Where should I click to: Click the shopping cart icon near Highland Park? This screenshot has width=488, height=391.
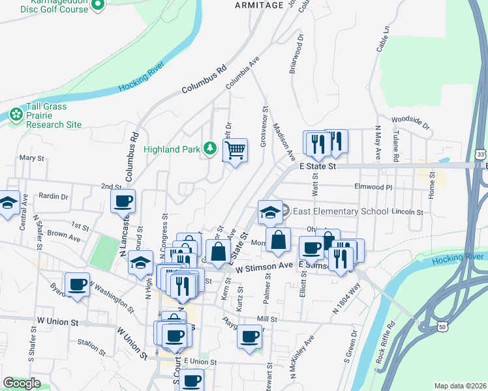235,151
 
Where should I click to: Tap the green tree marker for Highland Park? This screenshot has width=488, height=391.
209,149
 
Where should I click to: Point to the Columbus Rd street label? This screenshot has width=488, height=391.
204,78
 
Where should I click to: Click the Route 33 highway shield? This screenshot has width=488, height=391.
480,154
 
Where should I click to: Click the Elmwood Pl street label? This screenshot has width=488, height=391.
373,187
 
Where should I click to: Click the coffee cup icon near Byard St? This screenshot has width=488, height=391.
77,284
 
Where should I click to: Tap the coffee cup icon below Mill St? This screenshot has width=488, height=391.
249,336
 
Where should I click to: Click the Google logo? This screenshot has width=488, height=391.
22,383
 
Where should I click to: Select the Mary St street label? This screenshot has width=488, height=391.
31,158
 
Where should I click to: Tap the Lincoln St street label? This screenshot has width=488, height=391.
408,212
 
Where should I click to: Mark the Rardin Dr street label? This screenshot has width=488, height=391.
53,195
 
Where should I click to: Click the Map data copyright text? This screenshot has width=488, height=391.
460,386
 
